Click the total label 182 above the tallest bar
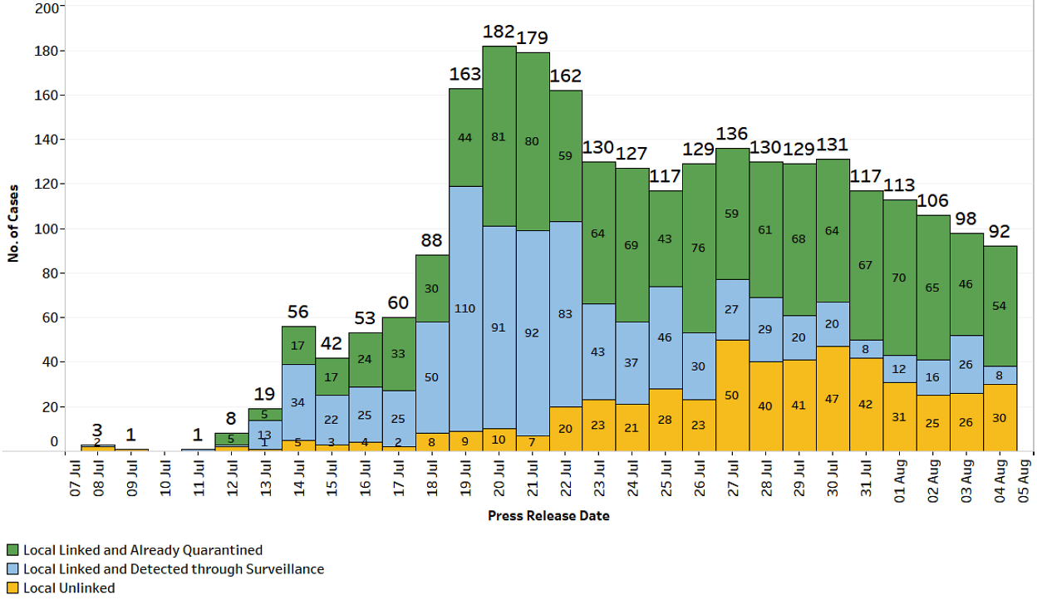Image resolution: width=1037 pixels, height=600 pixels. (499, 32)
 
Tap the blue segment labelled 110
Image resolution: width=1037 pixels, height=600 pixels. (465, 308)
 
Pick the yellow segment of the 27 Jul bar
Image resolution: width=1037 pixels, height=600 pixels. (732, 396)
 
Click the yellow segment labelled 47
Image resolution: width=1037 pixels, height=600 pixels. (832, 399)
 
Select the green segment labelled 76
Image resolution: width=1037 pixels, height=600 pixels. (699, 248)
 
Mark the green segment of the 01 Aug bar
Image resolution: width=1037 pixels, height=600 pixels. (899, 278)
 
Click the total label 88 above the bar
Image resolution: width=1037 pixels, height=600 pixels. (431, 241)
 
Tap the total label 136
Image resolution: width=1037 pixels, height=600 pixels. (732, 134)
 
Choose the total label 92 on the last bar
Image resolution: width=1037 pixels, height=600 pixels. (1000, 231)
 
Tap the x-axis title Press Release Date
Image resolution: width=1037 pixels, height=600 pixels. (548, 516)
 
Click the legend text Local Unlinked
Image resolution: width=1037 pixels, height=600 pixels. (69, 588)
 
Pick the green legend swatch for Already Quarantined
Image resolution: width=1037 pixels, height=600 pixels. (12, 550)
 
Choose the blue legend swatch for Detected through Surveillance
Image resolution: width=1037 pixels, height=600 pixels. (12, 569)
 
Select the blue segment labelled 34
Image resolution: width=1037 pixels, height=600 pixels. (298, 402)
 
